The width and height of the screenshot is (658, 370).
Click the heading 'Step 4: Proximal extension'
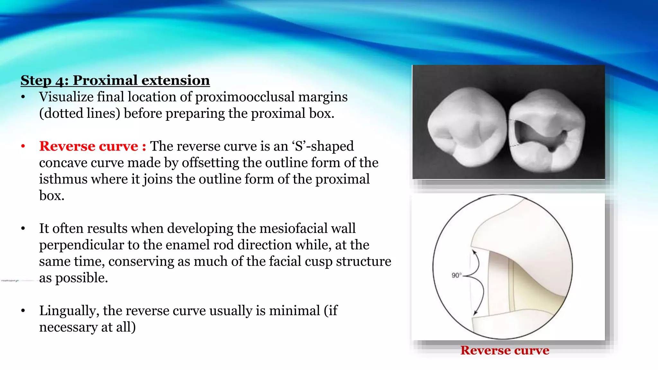[x=115, y=80]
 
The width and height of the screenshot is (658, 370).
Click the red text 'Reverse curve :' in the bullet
[x=93, y=146]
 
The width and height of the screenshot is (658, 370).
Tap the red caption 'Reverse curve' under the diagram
[x=505, y=350]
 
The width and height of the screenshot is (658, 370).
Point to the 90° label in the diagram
[x=456, y=275]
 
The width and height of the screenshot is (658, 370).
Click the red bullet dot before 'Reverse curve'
[x=23, y=146]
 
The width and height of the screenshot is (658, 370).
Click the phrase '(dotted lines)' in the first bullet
[x=80, y=113]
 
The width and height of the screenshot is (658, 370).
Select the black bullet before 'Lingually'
[x=23, y=311]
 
